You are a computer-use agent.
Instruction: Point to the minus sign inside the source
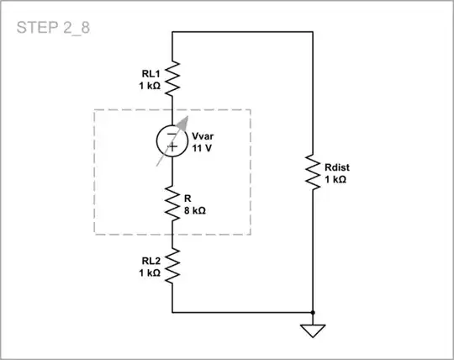172,133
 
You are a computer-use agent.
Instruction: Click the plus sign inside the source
172,148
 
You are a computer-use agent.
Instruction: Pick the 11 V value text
202,147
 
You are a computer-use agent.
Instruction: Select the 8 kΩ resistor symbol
172,203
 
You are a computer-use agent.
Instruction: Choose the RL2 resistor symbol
172,267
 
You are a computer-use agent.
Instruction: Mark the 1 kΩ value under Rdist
335,179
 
